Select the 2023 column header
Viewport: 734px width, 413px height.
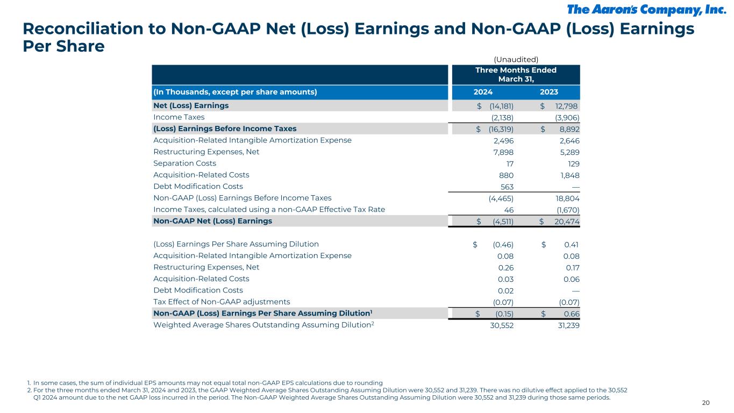click(548, 91)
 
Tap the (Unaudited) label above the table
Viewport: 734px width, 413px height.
click(516, 60)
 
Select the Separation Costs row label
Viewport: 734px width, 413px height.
click(184, 163)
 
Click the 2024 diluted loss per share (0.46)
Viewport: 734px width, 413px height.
click(503, 244)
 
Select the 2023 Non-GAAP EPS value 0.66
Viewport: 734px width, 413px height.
click(571, 314)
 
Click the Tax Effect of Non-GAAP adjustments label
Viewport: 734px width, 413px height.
click(222, 302)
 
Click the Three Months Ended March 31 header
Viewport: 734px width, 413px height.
click(515, 74)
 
